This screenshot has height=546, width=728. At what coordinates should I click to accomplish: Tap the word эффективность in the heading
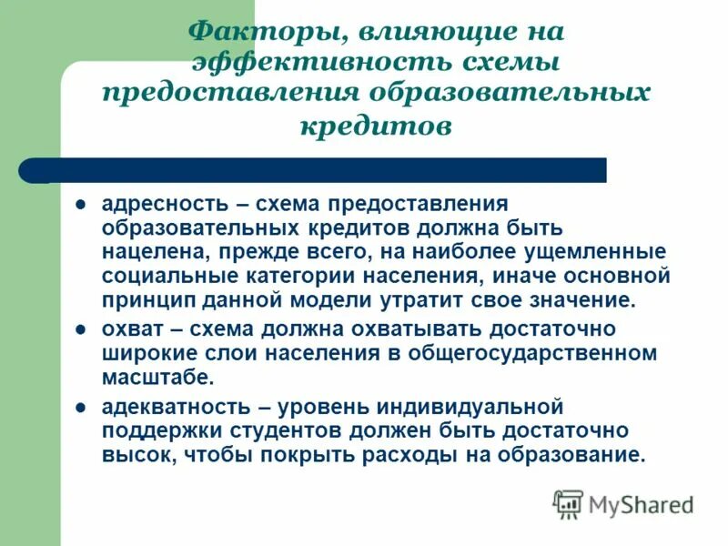pos(315,64)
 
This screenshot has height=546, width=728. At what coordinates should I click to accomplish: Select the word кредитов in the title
pos(375,126)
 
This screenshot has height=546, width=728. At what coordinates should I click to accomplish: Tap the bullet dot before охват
pos(80,328)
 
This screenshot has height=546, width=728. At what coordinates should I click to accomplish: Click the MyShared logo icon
pos(568,503)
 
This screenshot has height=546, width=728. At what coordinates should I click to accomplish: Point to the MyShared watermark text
pos(641,504)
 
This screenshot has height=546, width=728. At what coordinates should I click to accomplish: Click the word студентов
pos(274,430)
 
